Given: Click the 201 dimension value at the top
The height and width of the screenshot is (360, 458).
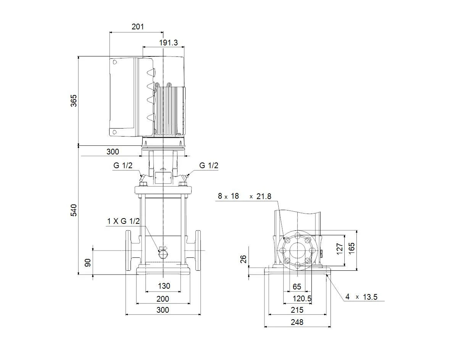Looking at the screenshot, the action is click(138, 27).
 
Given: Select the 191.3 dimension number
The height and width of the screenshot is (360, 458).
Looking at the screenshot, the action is click(168, 43).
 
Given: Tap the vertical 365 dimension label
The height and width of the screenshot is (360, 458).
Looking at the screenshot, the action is click(74, 101).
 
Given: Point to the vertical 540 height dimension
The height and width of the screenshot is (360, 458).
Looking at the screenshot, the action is click(74, 210).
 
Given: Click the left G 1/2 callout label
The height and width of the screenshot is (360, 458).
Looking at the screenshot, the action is click(123, 166).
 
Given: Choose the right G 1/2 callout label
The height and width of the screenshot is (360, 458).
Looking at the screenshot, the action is click(209, 166).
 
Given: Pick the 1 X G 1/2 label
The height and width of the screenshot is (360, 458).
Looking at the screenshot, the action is click(123, 221).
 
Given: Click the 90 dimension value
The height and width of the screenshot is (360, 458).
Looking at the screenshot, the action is click(88, 263).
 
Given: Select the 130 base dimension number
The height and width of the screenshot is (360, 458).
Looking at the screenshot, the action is click(164, 286).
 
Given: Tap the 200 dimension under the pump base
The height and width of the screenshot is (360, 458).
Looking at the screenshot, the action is click(163, 299).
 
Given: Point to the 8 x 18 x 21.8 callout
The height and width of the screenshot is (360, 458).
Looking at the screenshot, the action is click(245, 196).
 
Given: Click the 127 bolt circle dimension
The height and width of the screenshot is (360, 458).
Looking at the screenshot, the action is click(340, 249).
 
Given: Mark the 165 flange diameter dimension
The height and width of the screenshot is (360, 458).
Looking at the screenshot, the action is click(352, 248).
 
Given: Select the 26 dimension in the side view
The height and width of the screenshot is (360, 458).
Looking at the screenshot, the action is click(243, 259).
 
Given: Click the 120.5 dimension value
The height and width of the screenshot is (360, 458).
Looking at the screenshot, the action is click(302, 299).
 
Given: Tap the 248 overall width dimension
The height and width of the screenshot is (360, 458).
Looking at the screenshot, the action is click(297, 322).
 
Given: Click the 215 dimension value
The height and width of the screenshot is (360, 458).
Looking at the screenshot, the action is click(297, 310).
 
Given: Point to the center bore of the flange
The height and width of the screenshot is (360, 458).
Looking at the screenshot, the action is click(298, 251).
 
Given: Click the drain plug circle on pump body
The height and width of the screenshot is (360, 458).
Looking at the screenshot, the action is click(163, 255).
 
